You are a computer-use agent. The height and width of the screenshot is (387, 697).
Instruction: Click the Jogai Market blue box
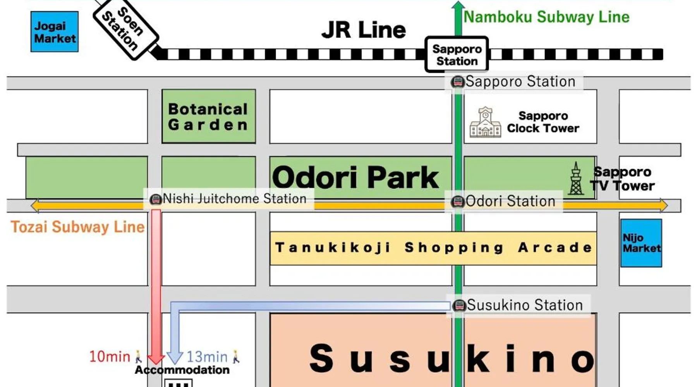55,32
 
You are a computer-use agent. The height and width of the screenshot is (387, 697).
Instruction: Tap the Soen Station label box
125,29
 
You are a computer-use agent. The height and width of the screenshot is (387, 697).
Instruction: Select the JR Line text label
364,30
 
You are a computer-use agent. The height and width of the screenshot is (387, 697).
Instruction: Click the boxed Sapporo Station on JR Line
457,55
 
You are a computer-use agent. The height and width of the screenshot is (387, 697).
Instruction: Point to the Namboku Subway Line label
546,17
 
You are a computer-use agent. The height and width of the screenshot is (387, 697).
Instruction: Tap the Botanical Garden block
209,116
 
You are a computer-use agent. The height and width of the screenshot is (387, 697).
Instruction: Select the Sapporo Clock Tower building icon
485,123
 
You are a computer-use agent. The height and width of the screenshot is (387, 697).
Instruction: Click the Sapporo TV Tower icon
576,179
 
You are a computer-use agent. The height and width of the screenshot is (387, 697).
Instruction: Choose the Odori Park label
355,177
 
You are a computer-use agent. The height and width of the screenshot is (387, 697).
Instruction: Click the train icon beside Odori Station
458,202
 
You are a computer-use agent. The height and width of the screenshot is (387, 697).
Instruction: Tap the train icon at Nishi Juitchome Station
156,199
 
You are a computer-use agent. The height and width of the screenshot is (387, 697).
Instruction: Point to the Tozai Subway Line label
77,227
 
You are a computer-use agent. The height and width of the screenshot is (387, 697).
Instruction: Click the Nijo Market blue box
641,243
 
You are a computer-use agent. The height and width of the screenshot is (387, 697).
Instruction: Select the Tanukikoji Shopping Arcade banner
433,248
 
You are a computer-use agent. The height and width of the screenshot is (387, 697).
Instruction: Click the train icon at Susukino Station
459,305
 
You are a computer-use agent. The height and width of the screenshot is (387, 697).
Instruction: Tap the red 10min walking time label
110,356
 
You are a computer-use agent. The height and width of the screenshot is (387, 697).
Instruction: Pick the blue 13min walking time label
207,356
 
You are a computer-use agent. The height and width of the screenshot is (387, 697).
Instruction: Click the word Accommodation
182,370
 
